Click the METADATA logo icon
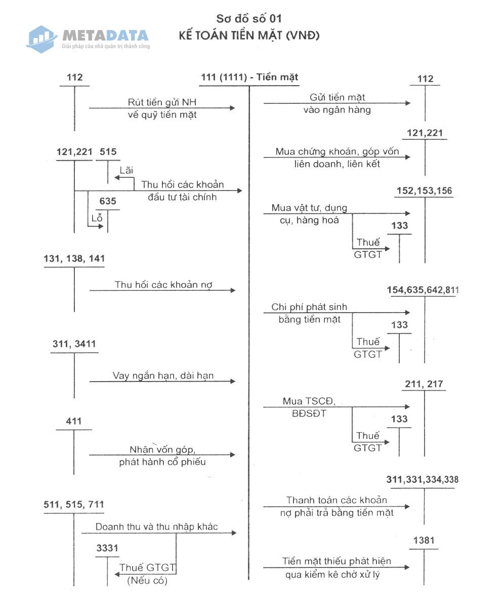click(x=41, y=40)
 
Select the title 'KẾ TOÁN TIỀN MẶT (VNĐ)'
click(x=249, y=35)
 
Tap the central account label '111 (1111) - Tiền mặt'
click(x=249, y=77)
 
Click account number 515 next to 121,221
click(x=108, y=151)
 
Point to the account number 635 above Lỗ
click(x=108, y=201)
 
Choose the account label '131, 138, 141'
click(x=74, y=258)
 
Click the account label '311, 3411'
click(x=74, y=344)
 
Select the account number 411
click(x=73, y=421)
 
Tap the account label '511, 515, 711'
click(x=74, y=504)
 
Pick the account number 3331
click(x=107, y=548)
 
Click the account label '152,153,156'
click(x=425, y=191)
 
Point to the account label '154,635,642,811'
click(x=423, y=290)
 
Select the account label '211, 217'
click(x=424, y=384)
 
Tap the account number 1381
click(x=424, y=541)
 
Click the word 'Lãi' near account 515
click(x=127, y=170)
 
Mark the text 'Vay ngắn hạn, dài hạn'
click(x=163, y=375)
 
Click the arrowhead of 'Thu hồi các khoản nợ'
click(x=233, y=290)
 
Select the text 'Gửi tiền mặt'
click(x=337, y=97)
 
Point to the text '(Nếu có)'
click(x=147, y=581)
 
